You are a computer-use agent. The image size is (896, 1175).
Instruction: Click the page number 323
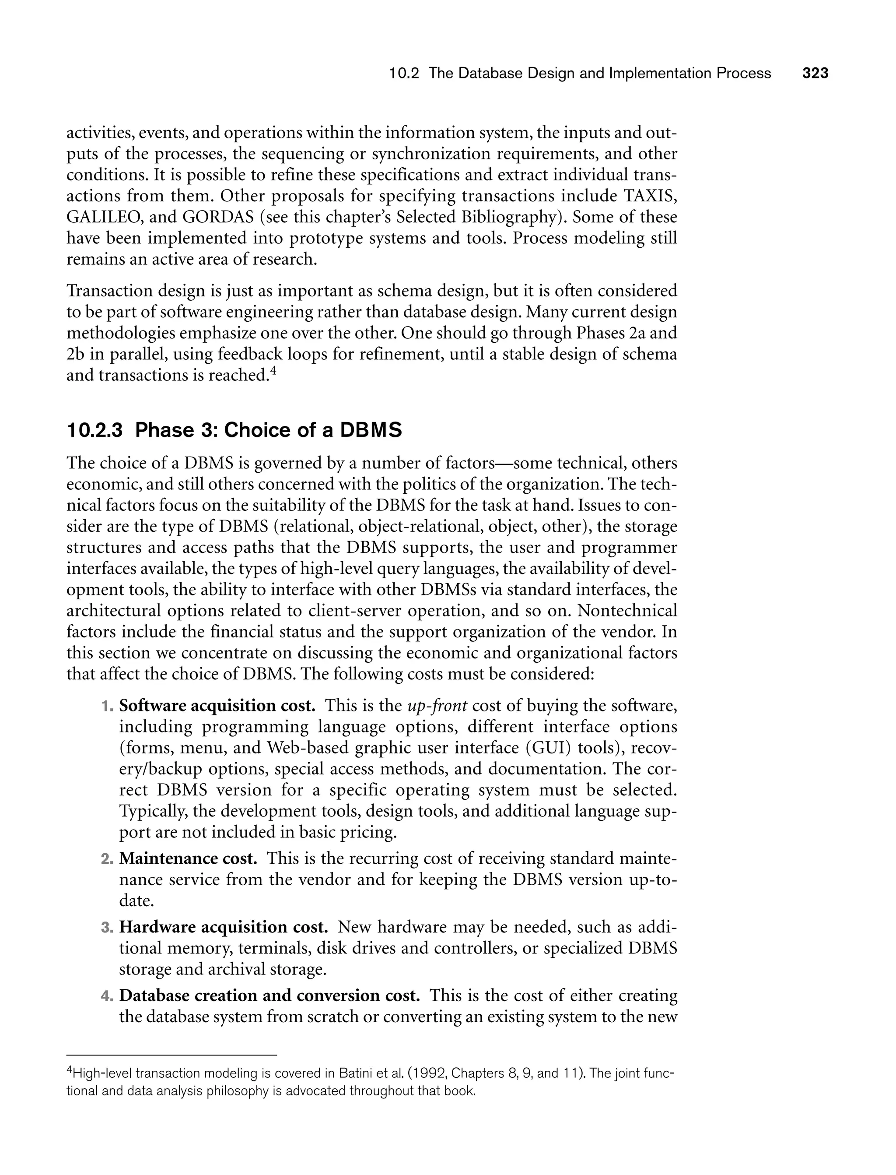[815, 73]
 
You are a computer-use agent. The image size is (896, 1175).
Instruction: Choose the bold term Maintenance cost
[188, 858]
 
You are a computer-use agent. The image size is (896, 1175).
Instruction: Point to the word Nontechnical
[627, 610]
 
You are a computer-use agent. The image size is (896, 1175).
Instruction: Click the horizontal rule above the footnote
[172, 1055]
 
